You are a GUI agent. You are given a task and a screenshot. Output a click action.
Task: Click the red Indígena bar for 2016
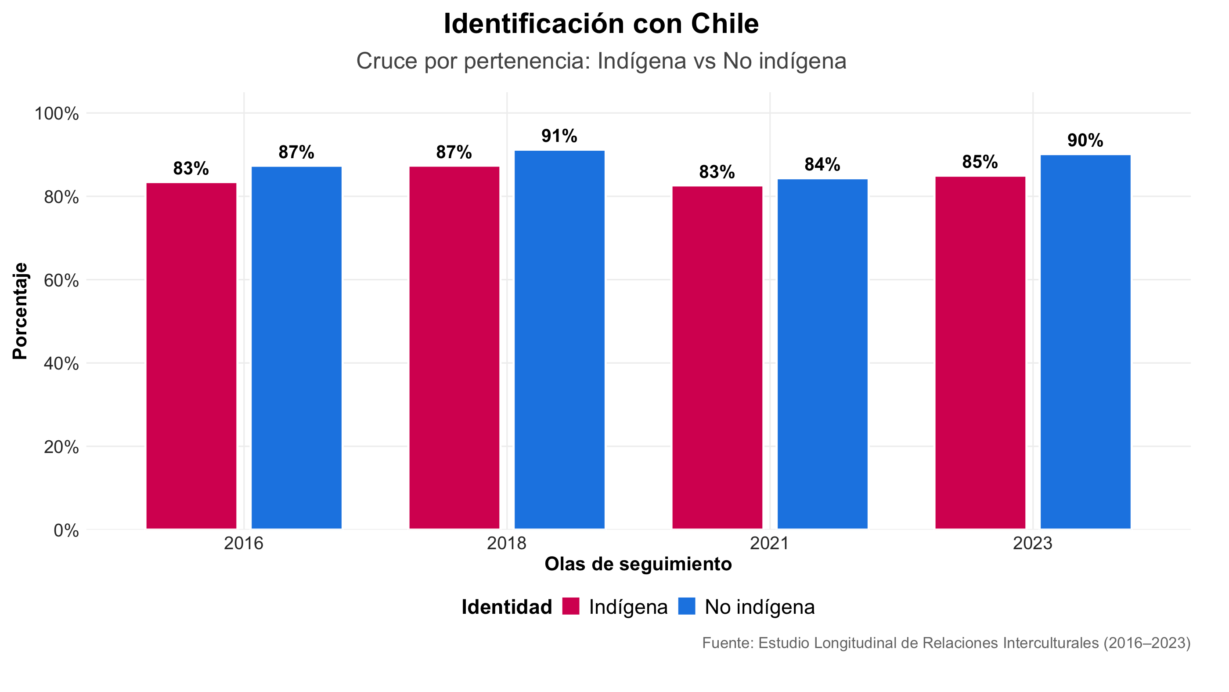click(x=191, y=355)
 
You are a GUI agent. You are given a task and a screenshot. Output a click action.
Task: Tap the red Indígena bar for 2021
click(x=717, y=358)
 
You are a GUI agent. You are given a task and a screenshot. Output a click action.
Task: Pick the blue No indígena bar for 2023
click(x=1085, y=342)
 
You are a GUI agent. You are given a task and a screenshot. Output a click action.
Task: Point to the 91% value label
click(x=559, y=137)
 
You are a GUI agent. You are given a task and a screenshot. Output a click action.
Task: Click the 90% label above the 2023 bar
click(x=1085, y=141)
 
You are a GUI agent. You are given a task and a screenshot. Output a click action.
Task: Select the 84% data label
click(x=822, y=165)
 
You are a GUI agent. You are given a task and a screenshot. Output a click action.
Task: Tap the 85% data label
click(x=980, y=162)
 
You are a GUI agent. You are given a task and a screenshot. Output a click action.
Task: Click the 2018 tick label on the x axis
click(x=506, y=543)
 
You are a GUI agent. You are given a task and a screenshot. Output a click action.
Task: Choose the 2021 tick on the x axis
click(x=770, y=543)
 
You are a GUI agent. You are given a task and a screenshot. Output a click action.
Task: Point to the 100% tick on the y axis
click(x=56, y=114)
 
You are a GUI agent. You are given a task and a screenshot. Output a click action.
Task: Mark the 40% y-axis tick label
click(x=61, y=364)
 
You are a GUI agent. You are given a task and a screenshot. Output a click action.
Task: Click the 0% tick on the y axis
click(x=66, y=530)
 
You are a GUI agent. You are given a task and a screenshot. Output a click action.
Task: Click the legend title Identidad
click(x=507, y=607)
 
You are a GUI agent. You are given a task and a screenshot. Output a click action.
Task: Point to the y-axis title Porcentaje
click(x=20, y=311)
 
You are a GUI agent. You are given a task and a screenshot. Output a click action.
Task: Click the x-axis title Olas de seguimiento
click(x=638, y=565)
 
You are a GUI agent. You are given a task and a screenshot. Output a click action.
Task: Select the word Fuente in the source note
click(x=727, y=643)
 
